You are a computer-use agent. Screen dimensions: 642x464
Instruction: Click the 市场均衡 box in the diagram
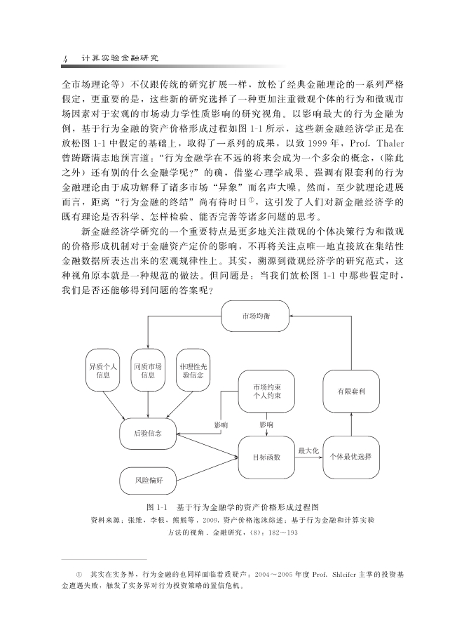[254, 316]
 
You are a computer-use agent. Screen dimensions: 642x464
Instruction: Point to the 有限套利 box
[350, 391]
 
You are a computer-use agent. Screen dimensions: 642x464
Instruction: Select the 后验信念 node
[147, 433]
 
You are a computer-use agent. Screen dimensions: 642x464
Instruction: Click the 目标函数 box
[266, 457]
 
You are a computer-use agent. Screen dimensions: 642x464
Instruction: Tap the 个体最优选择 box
[350, 457]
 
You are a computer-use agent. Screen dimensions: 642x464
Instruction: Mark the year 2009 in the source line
[202, 520]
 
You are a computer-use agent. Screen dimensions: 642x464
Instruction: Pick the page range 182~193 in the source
[282, 533]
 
